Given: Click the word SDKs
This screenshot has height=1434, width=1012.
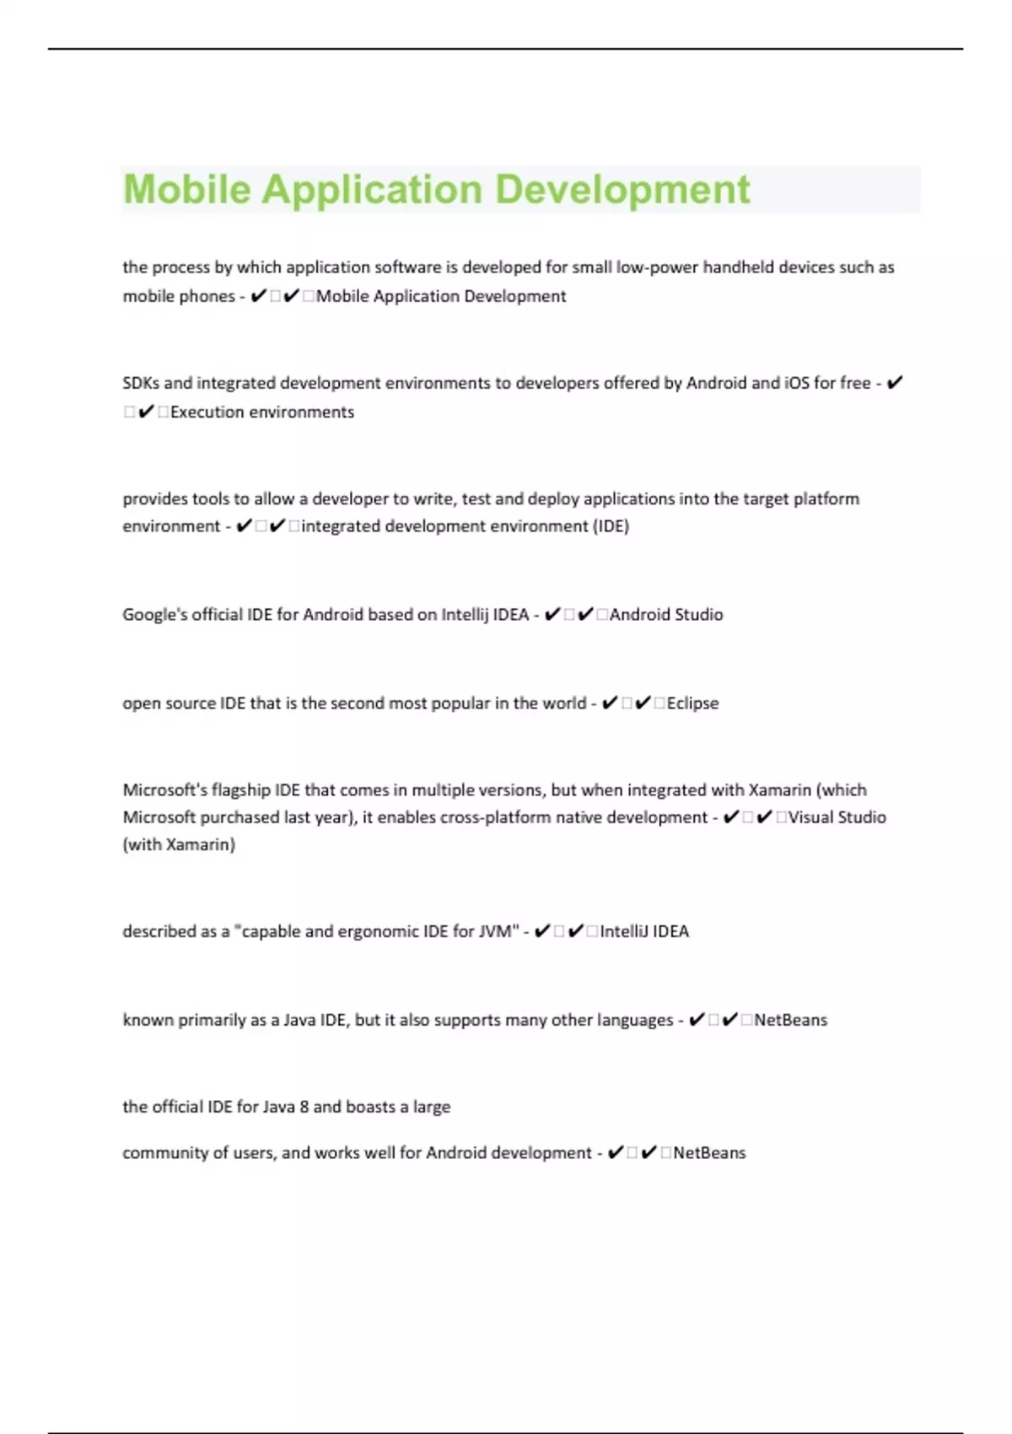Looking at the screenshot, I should tap(141, 383).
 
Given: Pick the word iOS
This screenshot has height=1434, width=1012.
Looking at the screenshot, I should tap(797, 383).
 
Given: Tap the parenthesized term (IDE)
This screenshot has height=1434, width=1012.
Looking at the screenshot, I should tap(611, 526).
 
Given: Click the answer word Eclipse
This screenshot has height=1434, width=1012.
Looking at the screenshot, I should tap(692, 703).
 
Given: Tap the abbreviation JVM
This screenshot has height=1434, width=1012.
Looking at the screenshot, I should tap(498, 931).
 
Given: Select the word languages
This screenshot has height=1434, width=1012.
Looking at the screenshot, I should tap(635, 1020).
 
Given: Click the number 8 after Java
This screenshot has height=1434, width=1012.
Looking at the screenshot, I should tap(304, 1107).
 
